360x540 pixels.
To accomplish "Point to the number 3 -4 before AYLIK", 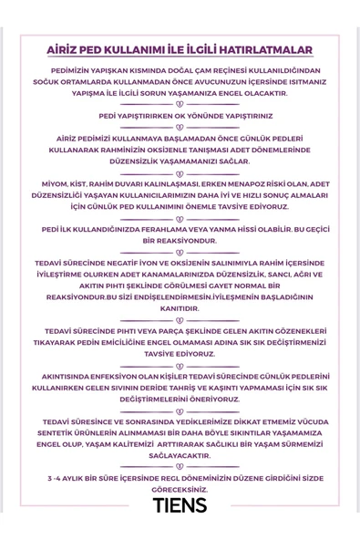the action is coord(57,477).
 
